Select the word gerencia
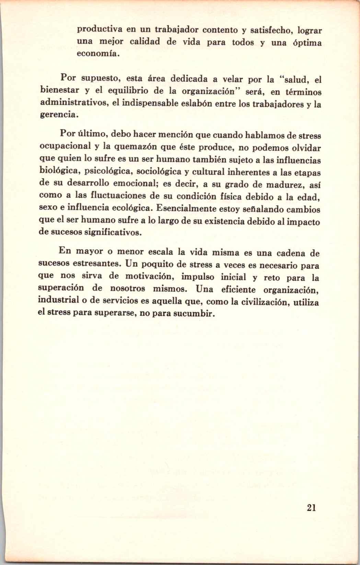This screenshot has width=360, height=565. point(57,115)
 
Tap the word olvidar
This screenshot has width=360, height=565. point(304,148)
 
